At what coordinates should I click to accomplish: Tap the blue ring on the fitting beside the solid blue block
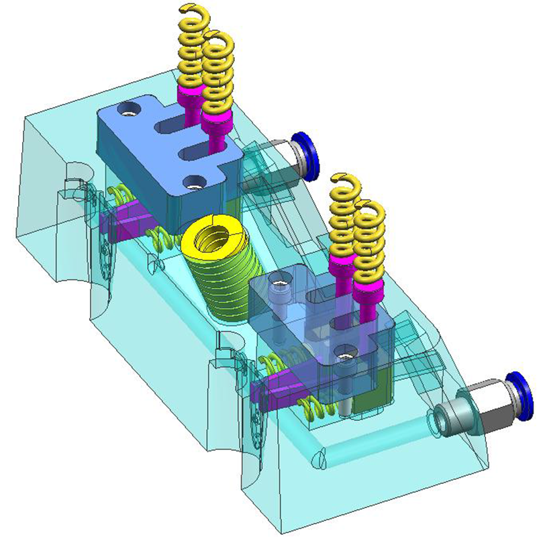309,156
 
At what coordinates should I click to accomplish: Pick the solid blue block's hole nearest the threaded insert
195,181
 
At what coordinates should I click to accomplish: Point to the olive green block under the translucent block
369,396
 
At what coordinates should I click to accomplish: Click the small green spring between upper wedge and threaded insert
160,236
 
